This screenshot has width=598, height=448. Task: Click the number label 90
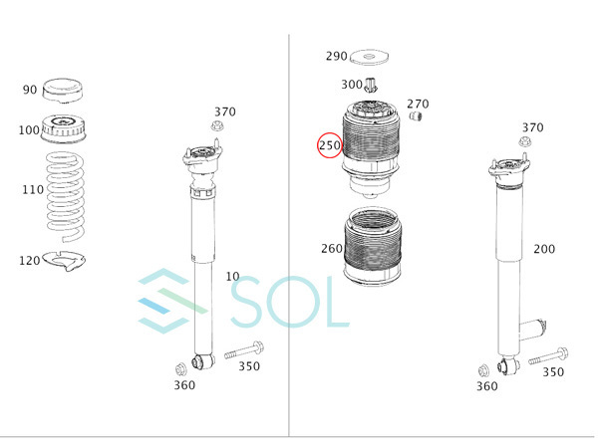(x=30, y=90)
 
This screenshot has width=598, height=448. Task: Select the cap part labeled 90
(x=62, y=91)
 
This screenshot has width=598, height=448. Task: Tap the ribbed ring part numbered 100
(x=63, y=128)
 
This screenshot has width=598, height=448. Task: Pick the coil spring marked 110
(x=65, y=197)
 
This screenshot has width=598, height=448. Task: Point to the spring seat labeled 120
(x=64, y=261)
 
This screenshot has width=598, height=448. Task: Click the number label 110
(x=33, y=189)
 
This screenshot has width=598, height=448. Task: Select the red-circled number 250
(x=330, y=145)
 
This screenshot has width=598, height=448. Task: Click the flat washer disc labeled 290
(x=369, y=57)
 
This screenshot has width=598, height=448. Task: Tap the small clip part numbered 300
(x=371, y=85)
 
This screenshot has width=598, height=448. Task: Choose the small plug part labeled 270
(x=416, y=115)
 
